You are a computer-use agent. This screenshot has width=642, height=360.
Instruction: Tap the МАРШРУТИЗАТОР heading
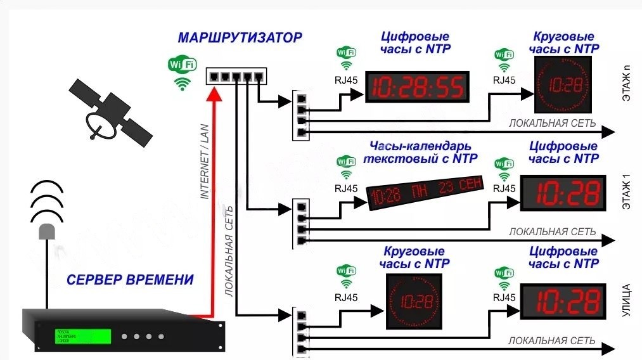point(240,37)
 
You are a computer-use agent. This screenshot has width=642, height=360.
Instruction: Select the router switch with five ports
point(236,76)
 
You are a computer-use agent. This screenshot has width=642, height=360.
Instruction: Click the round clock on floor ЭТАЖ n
point(562,85)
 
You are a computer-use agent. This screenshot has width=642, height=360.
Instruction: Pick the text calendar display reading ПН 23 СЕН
point(427,191)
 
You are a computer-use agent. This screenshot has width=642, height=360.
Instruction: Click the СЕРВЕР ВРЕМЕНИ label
point(131,280)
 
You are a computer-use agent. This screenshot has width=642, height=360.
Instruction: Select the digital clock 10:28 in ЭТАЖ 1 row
point(561,193)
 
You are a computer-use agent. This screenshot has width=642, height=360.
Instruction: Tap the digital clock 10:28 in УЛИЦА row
point(561,301)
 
